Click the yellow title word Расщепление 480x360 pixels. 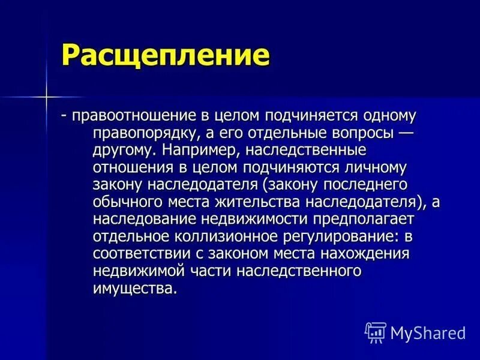click(164, 56)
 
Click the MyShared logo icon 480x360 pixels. click(376, 331)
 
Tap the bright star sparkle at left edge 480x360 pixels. click(44, 96)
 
